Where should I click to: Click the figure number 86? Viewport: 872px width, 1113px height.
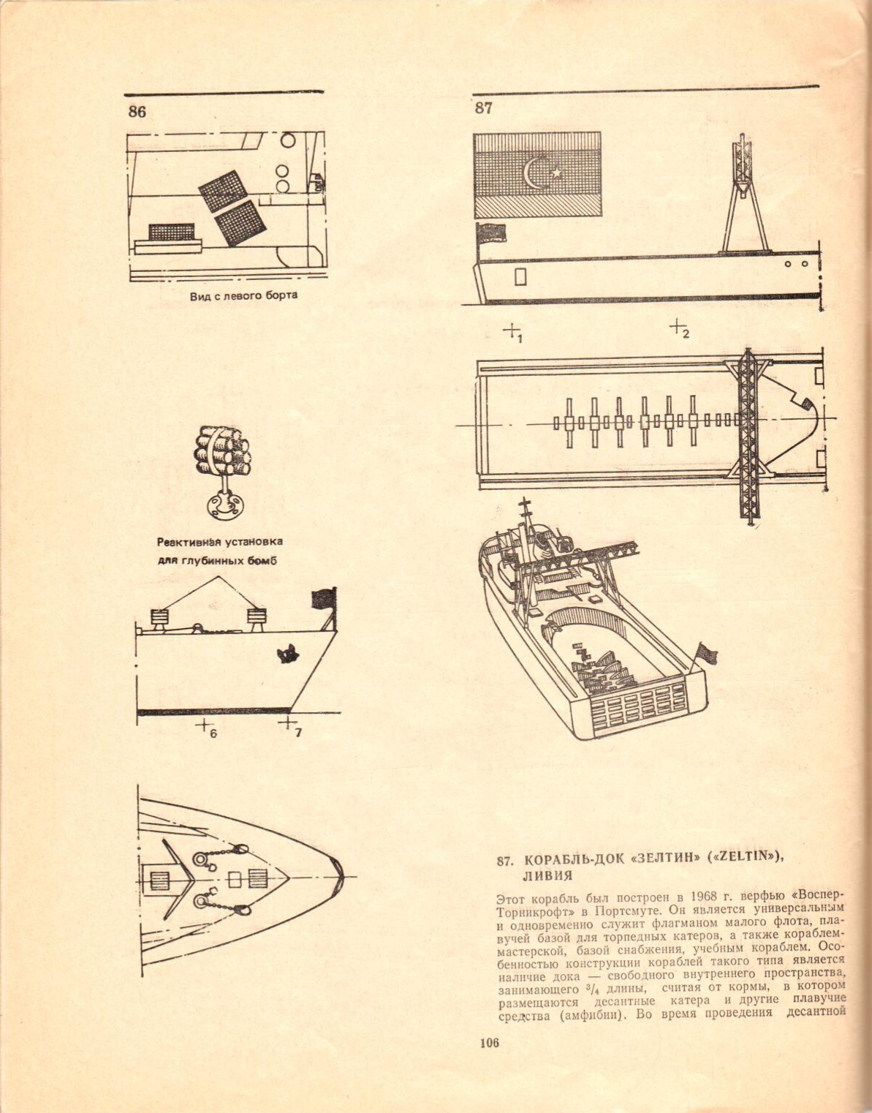click(x=137, y=112)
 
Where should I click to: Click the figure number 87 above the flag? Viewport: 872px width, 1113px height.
click(x=483, y=108)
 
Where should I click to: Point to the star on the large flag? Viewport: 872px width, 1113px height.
click(x=557, y=173)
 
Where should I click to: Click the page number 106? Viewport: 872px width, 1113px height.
click(x=489, y=1043)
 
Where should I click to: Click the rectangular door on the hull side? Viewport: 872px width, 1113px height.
click(x=520, y=276)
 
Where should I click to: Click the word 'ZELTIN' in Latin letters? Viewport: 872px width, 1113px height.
click(x=745, y=860)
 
